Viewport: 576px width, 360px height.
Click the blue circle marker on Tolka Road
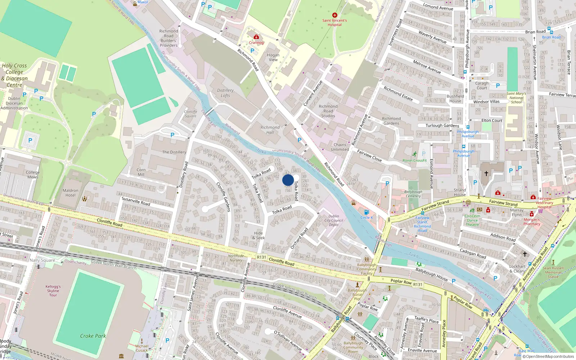point(288,180)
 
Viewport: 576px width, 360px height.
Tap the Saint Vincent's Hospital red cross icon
point(335,15)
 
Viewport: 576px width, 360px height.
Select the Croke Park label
point(93,336)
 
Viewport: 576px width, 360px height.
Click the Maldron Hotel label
point(71,193)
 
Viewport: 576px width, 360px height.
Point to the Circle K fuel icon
point(366,212)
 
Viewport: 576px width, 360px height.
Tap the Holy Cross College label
point(14,75)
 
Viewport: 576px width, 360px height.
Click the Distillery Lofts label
point(225,93)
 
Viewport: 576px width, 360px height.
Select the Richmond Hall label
point(270,130)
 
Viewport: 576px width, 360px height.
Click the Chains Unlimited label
point(340,147)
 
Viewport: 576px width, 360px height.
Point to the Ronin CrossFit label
point(414,161)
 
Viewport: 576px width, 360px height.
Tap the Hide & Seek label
point(258,235)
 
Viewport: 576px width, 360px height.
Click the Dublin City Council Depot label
point(334,220)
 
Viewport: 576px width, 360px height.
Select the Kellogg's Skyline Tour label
point(53,291)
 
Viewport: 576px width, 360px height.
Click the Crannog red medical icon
point(256,37)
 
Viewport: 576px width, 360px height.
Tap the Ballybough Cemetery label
point(413,194)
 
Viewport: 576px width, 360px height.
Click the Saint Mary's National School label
point(516,98)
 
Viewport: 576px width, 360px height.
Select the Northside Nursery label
point(236,258)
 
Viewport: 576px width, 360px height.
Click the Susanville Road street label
point(136,201)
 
